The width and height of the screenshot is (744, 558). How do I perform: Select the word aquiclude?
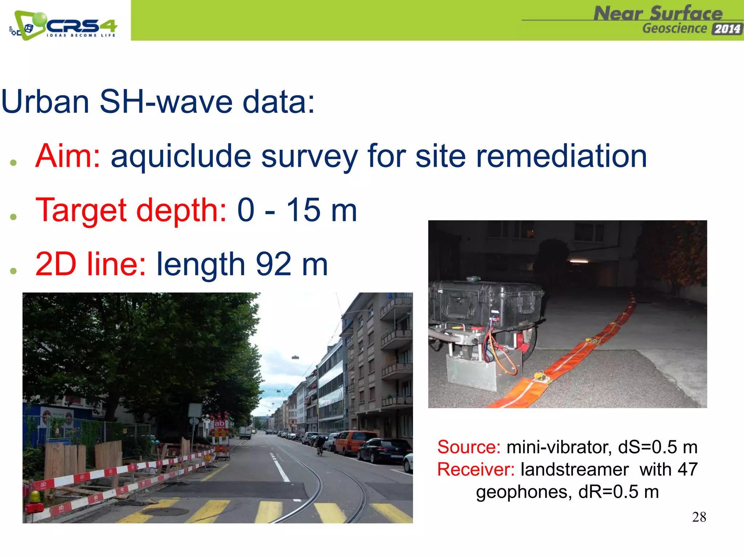181,157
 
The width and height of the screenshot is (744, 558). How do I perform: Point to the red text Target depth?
131,211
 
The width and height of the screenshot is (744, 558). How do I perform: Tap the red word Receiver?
476,470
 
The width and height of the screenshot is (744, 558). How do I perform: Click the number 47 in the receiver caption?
687,470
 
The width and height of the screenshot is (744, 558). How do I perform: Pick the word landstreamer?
574,470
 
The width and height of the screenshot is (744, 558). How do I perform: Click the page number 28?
699,517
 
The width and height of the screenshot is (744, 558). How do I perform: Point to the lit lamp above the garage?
579,261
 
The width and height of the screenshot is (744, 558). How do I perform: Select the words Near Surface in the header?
658,14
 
